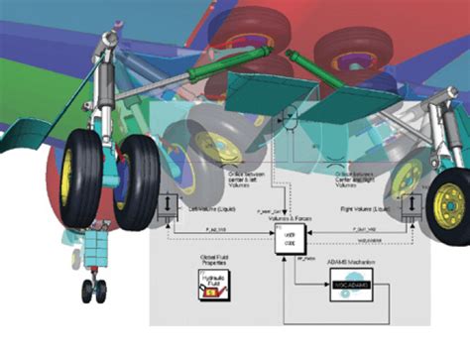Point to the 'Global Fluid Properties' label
tap(210, 264)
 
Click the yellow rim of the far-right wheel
tap(449, 204)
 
